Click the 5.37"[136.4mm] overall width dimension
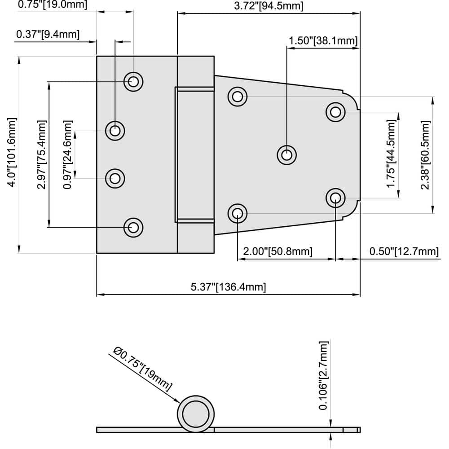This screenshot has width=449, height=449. point(228,287)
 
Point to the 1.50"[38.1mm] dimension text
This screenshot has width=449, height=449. point(323,40)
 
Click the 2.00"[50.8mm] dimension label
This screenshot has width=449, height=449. point(277,251)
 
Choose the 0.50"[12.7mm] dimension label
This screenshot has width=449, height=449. point(404,251)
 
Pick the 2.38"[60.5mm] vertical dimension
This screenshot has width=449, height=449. point(425,154)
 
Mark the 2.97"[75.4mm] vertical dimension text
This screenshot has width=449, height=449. point(41,154)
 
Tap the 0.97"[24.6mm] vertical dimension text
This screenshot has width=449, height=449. point(67,154)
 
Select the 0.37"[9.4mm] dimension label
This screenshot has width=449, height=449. point(48,34)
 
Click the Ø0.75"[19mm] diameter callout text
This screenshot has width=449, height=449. point(143,369)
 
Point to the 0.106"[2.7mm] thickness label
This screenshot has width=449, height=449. point(323,375)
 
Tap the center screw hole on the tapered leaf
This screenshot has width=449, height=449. point(286,155)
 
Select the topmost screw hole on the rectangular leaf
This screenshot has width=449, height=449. point(133,82)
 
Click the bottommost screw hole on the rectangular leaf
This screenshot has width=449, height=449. point(133,227)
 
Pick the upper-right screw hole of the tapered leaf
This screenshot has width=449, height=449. point(335,112)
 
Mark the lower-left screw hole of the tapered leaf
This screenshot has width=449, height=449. point(237,213)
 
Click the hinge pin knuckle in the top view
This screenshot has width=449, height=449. point(195,154)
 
